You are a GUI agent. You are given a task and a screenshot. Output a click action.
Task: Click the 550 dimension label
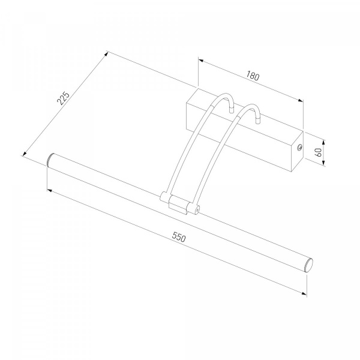click(x=179, y=237)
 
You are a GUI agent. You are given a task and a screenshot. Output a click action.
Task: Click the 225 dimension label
click(x=63, y=98)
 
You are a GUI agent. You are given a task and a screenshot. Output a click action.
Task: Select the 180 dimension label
click(x=253, y=76)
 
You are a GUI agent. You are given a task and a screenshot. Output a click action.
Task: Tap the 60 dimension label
click(x=319, y=152)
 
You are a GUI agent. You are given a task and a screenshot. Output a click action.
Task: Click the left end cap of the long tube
click(x=49, y=160)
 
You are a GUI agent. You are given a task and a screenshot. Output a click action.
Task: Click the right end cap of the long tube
click(x=309, y=265)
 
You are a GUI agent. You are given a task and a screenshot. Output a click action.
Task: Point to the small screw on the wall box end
click(x=299, y=148)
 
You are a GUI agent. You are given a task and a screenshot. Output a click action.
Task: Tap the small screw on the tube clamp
click(x=197, y=209)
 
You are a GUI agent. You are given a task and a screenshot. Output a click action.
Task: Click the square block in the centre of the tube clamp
click(x=178, y=204)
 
